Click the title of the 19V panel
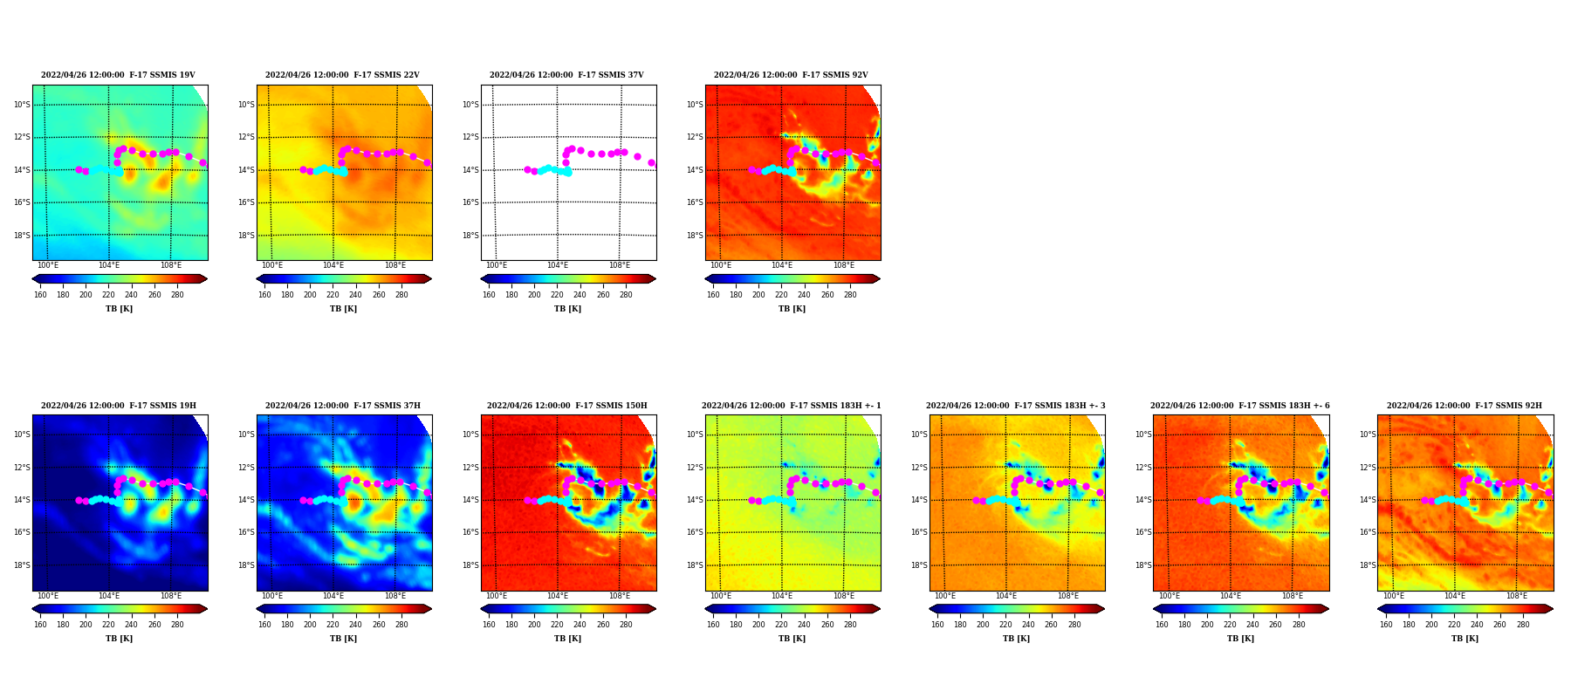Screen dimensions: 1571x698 point(118,75)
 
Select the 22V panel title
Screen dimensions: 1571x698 point(342,75)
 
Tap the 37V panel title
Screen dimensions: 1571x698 point(566,75)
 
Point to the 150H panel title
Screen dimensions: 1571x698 point(567,406)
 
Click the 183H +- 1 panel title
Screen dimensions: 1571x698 point(792,406)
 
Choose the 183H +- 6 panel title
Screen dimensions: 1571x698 point(1240,406)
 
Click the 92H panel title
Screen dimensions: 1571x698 point(1465,406)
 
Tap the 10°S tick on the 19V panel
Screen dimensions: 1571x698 point(22,105)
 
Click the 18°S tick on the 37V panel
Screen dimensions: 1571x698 point(470,236)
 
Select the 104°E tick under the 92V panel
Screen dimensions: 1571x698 point(782,265)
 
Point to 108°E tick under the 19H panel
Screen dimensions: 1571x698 point(171,596)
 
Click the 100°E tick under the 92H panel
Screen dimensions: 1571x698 point(1394,596)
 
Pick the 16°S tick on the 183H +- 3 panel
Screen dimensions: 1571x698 point(919,532)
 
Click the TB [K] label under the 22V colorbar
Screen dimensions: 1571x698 point(343,309)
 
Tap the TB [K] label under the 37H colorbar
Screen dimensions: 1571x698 point(343,639)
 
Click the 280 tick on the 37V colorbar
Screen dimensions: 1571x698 point(626,295)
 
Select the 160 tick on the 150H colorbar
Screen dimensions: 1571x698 point(489,625)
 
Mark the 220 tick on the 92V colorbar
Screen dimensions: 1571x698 point(781,295)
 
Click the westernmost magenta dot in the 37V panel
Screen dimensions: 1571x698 point(527,169)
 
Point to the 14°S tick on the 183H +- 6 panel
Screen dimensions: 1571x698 point(1143,500)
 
